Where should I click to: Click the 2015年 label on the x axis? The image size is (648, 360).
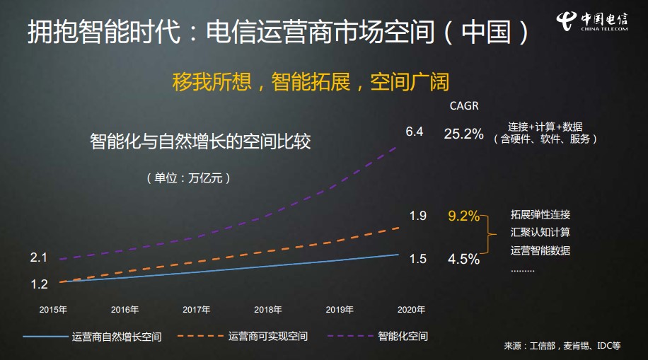53,309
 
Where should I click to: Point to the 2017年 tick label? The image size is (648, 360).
196,309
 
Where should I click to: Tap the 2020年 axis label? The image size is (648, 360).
411,309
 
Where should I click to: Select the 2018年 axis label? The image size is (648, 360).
268,309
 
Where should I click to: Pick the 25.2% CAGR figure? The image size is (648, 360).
463,133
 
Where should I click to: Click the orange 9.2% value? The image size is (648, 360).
464,216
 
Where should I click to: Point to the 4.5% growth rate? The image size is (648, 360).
463,259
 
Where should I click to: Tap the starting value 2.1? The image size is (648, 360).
39,257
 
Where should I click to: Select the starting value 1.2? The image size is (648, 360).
39,284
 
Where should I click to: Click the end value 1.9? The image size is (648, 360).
417,216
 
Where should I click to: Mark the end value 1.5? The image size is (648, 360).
417,259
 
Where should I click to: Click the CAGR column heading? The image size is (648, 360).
464,106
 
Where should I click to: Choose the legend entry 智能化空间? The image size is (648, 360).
403,336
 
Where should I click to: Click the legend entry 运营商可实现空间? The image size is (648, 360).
267,336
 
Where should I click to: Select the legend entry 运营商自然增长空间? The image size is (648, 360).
116,336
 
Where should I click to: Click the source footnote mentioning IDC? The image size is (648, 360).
562,346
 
